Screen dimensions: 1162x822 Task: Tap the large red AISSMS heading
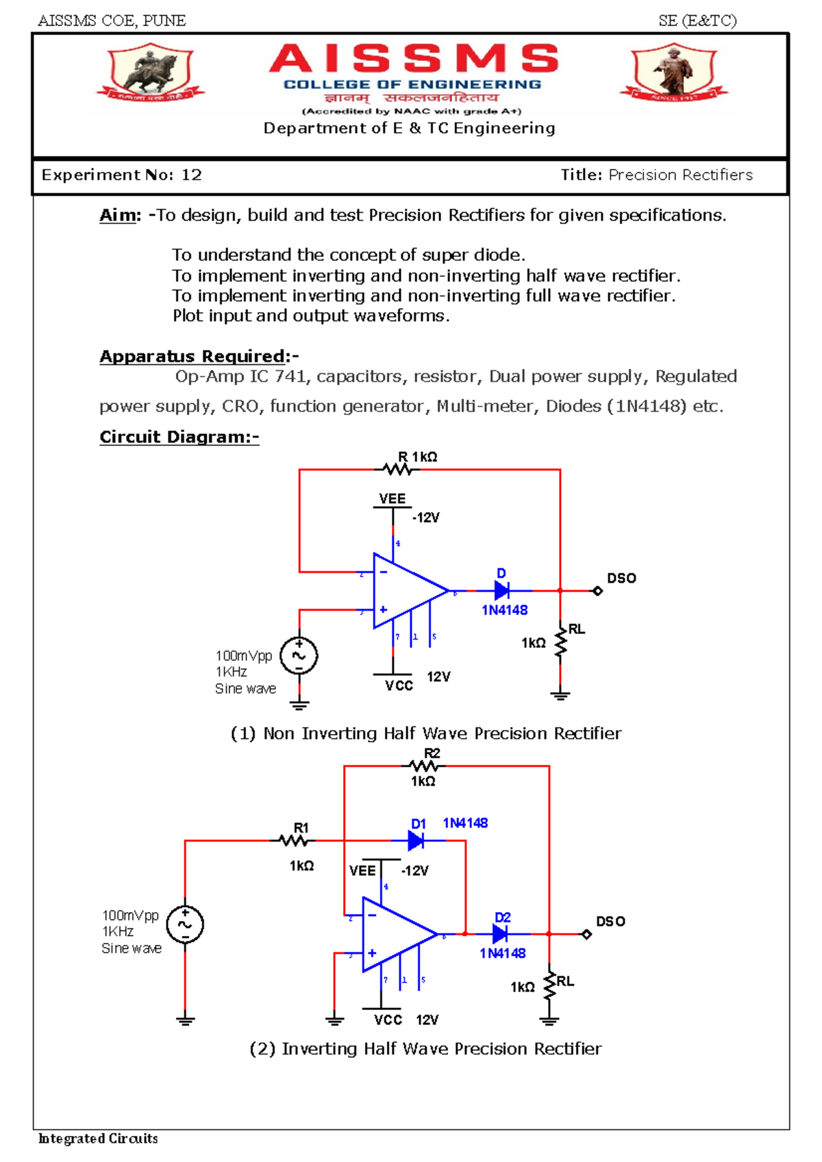[x=414, y=59]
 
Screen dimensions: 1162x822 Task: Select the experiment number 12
[x=191, y=175]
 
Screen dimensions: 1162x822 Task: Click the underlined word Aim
[x=119, y=216]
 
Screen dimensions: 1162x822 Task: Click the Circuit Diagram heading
[x=179, y=437]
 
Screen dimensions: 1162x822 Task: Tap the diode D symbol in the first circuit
[x=501, y=590]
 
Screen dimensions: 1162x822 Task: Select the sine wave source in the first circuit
[x=299, y=655]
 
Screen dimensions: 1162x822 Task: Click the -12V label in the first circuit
[x=426, y=518]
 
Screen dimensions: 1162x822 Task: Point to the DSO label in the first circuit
[x=621, y=579]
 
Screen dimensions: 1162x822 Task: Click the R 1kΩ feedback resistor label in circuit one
[x=418, y=457]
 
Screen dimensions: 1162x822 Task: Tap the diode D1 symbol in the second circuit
[x=415, y=840]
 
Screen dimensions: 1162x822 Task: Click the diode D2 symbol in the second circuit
[x=500, y=934]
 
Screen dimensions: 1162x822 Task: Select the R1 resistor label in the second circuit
[x=301, y=828]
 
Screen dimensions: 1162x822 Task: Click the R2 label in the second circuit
[x=432, y=753]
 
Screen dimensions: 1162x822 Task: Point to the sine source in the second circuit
[x=185, y=924]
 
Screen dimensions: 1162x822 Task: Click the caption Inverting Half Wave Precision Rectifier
[x=425, y=1049]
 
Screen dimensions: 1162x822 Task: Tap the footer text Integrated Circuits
[x=99, y=1139]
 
